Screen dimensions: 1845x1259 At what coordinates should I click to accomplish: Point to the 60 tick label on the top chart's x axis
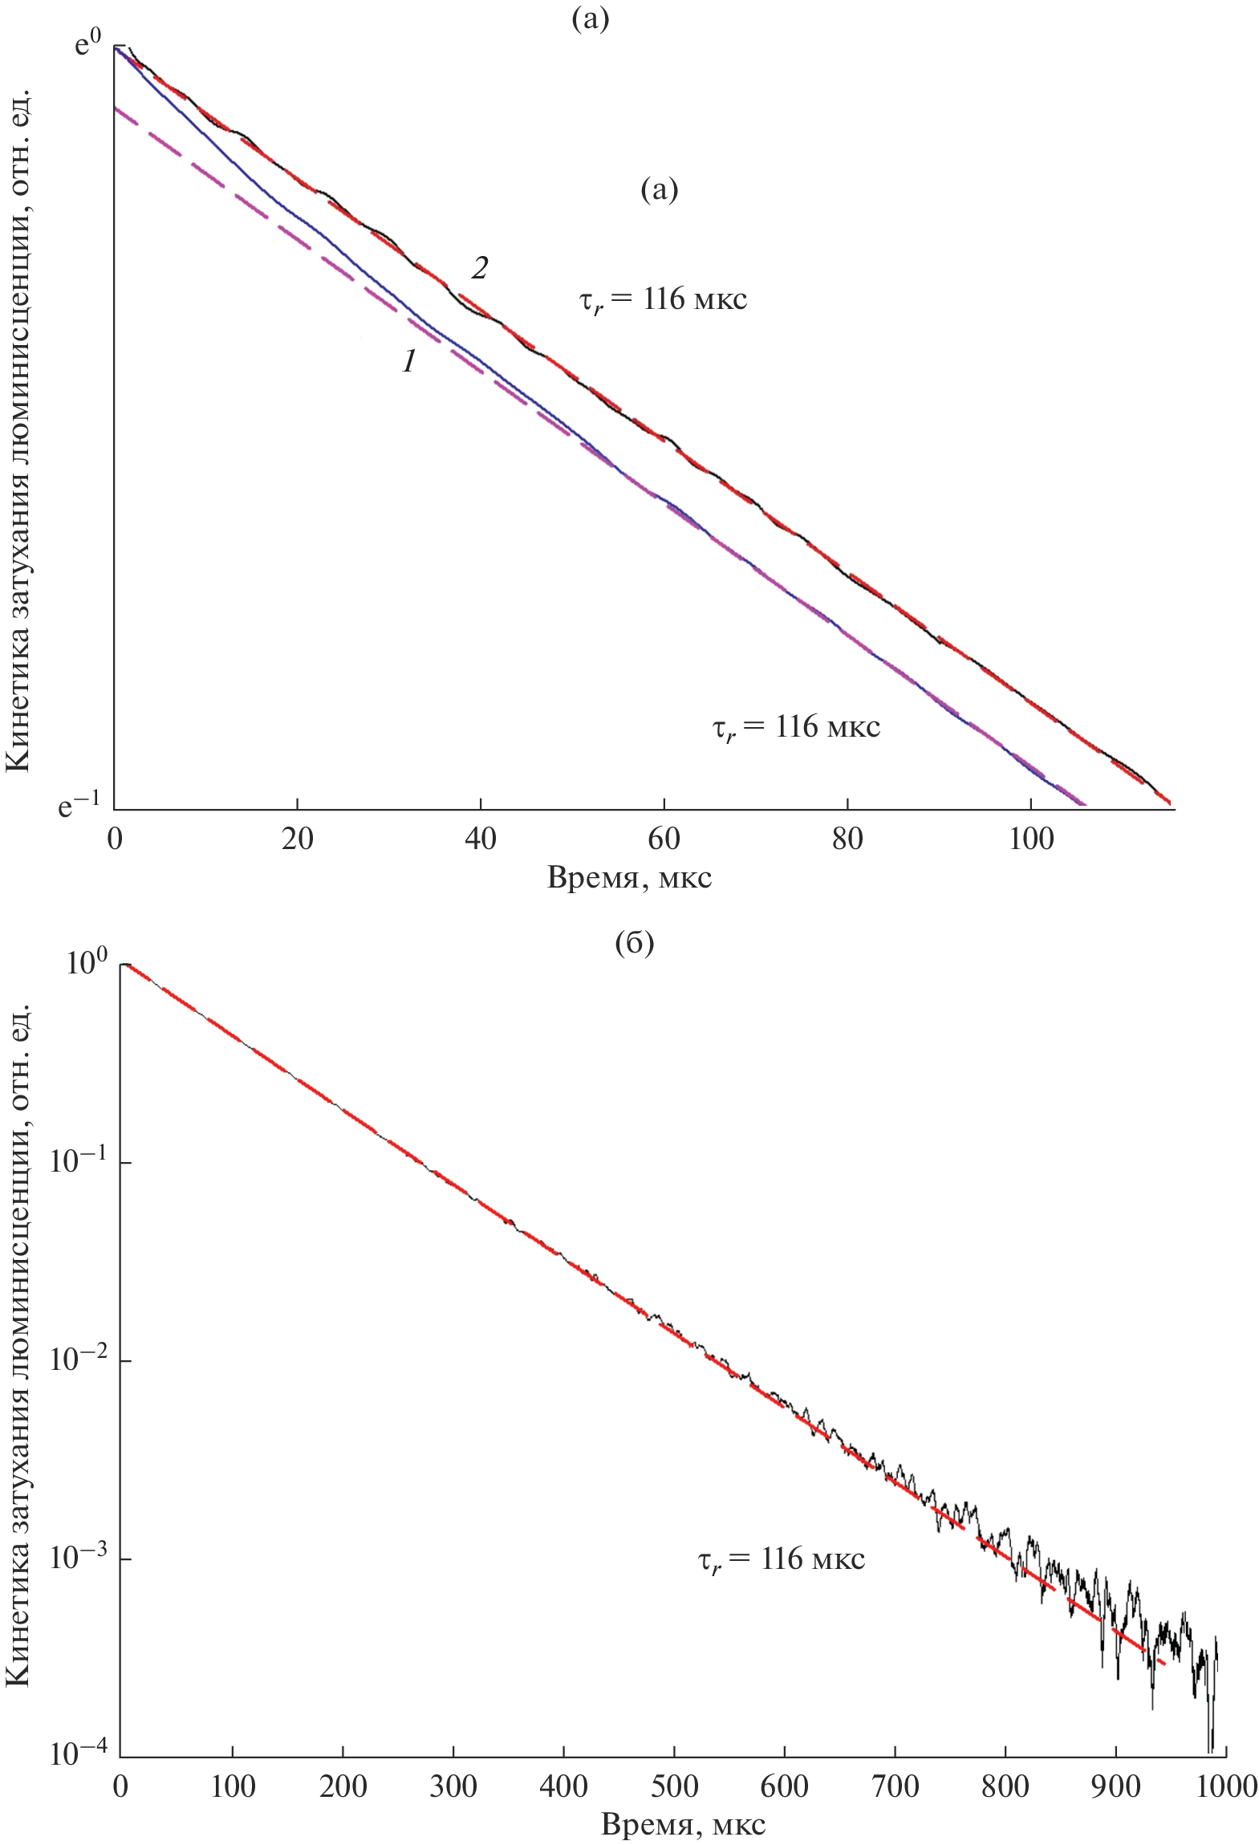tap(664, 839)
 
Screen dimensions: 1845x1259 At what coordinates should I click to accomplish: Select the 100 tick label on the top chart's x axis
tap(1031, 839)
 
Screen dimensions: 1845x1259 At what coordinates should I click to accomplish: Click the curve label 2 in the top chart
tap(479, 269)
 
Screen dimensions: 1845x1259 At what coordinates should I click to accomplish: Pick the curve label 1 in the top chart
tap(409, 363)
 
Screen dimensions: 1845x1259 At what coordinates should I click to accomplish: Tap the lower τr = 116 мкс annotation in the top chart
tap(796, 728)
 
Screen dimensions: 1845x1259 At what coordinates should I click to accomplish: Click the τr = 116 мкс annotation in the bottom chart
tap(781, 1559)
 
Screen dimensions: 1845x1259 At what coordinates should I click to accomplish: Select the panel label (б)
tap(634, 944)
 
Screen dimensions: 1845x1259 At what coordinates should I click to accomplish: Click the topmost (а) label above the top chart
tap(590, 20)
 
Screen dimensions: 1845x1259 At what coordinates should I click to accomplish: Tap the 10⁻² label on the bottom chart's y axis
tap(76, 1361)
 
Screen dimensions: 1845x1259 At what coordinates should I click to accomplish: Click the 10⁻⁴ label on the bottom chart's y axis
tap(76, 1756)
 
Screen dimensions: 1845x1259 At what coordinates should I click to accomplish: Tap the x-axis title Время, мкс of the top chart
tap(629, 878)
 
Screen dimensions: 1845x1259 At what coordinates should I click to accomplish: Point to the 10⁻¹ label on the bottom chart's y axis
tap(76, 1163)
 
